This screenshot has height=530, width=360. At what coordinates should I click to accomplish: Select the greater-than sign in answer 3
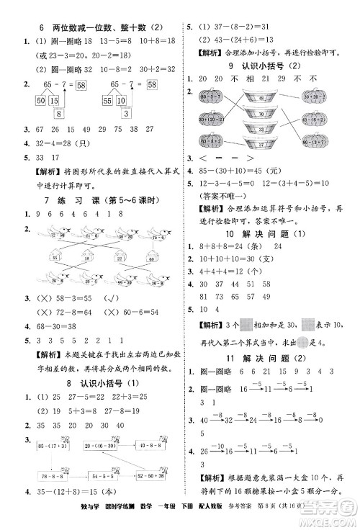(x=250, y=157)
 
